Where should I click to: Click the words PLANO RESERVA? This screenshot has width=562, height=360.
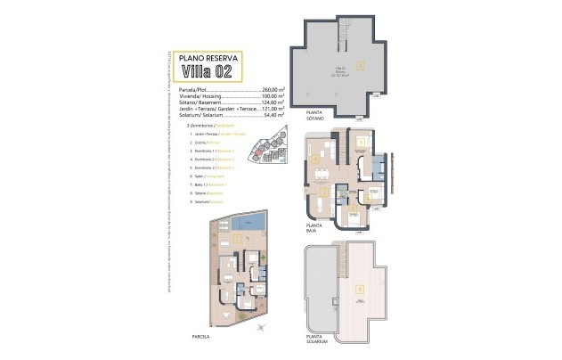[x=209, y=56]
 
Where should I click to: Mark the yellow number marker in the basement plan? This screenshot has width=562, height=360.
[x=359, y=64]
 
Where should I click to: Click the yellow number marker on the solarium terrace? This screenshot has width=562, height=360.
[x=359, y=288]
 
